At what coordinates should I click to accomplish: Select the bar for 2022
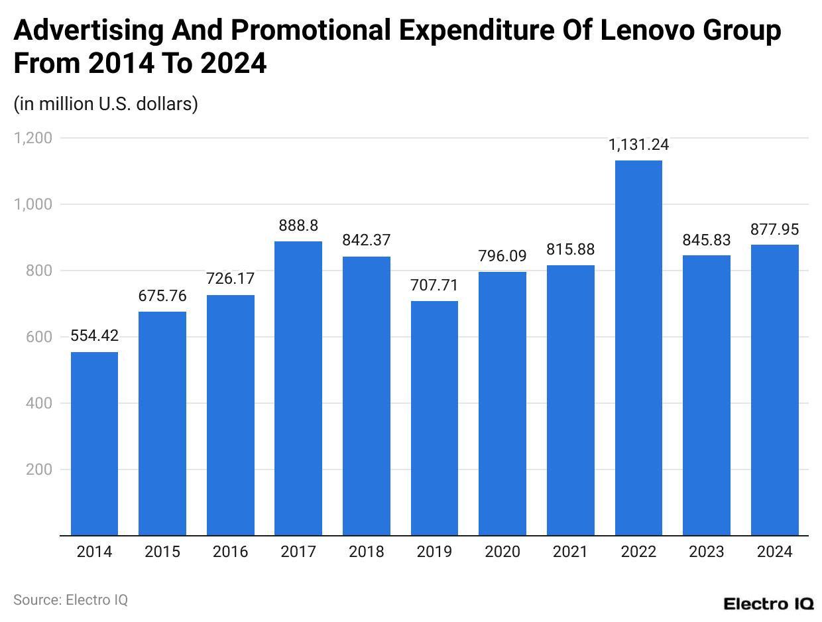(638, 347)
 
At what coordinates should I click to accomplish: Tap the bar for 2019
(434, 418)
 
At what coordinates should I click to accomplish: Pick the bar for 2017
(298, 388)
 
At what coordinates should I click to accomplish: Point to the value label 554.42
(94, 336)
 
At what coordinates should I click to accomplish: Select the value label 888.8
(298, 226)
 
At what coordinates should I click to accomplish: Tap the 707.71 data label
(434, 286)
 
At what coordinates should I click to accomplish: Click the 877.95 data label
(774, 229)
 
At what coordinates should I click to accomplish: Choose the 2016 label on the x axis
(230, 552)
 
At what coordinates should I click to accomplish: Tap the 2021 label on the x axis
(570, 552)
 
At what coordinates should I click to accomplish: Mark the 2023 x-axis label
(706, 552)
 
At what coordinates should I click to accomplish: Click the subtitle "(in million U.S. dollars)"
(105, 104)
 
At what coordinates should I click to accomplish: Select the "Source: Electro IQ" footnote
(70, 599)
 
